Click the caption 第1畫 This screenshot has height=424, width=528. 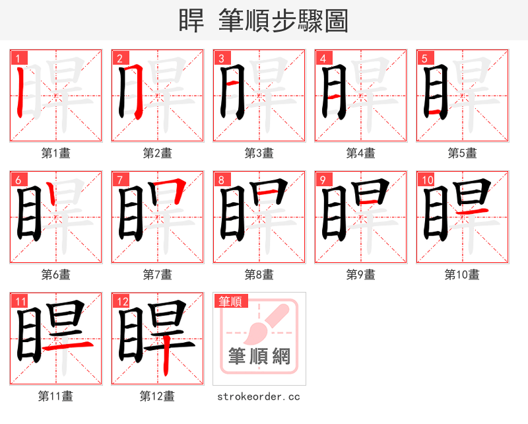(x=56, y=153)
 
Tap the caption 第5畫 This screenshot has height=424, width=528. (x=463, y=153)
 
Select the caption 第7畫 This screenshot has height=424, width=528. (x=158, y=274)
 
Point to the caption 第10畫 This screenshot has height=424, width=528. (x=463, y=274)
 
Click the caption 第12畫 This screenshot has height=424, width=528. (x=158, y=396)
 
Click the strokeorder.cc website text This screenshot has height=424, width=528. (x=259, y=396)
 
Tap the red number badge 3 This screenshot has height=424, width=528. (x=222, y=58)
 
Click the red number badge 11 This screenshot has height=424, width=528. (x=21, y=301)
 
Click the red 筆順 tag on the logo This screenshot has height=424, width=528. (x=230, y=301)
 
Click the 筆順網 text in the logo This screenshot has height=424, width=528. (x=259, y=357)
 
